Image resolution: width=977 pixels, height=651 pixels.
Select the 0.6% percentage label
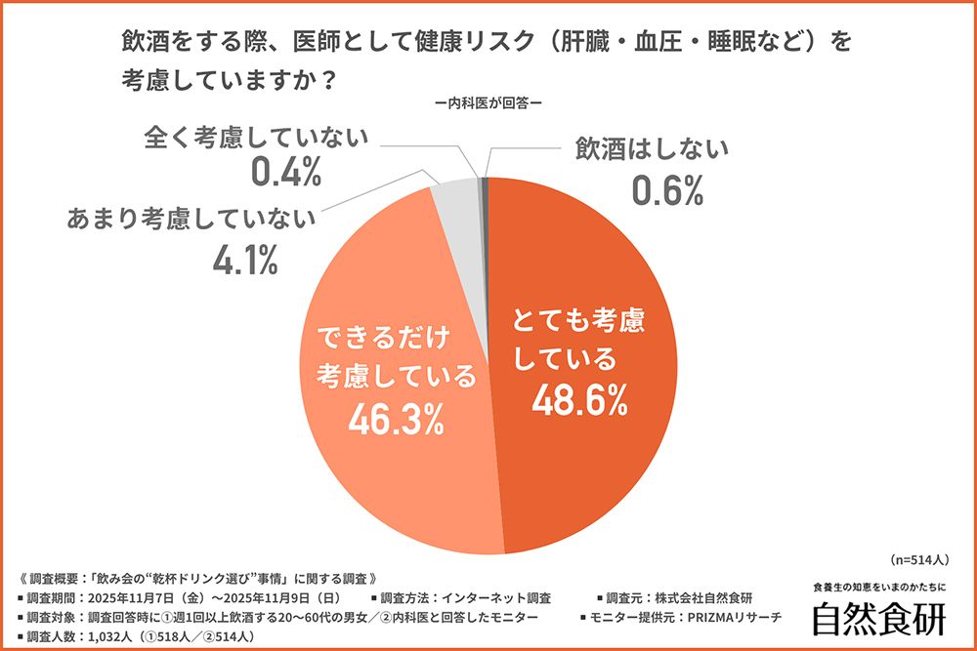click(667, 190)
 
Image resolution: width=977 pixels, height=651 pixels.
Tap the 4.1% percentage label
click(243, 259)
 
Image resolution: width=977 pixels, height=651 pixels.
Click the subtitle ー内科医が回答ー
click(488, 102)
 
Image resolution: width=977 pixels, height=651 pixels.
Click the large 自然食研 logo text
click(879, 618)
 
